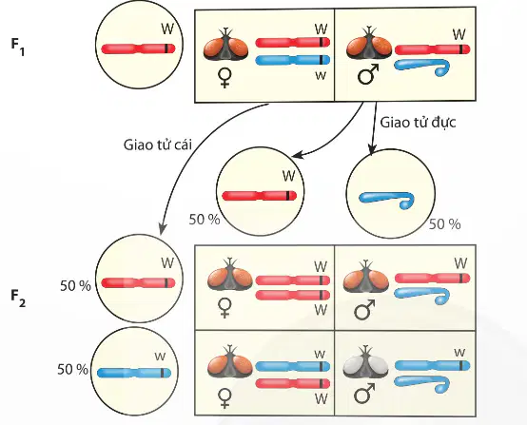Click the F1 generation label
17,48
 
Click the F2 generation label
18,299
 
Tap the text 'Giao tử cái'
158,145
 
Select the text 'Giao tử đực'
418,123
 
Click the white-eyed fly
365,364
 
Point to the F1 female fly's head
225,46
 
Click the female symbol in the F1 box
224,77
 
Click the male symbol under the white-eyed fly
364,394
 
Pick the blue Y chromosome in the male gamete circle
386,200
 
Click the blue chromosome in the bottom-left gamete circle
134,373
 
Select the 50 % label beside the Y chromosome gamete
444,224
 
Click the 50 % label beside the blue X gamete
72,370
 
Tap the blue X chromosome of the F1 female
292,60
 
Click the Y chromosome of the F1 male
422,67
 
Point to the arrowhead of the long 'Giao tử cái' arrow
162,229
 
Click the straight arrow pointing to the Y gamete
374,129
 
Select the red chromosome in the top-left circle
138,48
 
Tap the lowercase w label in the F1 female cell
321,75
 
